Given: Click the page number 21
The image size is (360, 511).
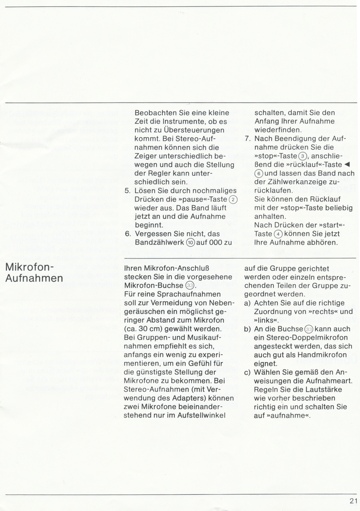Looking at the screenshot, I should (353, 501).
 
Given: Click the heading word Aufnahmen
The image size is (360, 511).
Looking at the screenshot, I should (34, 278).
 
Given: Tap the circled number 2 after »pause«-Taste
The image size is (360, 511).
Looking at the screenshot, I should (233, 199).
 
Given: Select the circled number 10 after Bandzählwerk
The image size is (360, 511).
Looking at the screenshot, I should (190, 243).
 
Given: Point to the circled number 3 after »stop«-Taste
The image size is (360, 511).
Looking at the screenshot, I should (302, 156).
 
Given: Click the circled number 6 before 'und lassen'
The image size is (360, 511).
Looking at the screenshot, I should (258, 174).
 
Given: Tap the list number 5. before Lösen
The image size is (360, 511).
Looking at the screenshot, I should (128, 191).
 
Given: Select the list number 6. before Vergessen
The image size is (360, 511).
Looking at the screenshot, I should (128, 234).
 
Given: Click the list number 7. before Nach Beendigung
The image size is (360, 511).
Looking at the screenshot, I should (248, 139).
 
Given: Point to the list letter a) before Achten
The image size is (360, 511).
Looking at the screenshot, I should (248, 303).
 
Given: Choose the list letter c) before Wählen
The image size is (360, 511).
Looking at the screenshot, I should (248, 372).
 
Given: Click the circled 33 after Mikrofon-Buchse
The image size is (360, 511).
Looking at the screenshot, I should (189, 286).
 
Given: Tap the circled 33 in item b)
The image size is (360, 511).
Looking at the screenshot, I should (309, 329).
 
